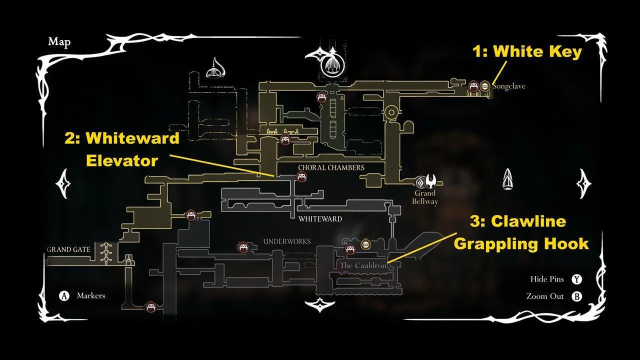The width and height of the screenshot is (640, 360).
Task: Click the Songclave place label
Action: pyautogui.click(x=509, y=86)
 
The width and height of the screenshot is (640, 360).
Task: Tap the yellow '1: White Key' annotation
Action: pyautogui.click(x=527, y=51)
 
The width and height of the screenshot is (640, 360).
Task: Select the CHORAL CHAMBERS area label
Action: pyautogui.click(x=331, y=167)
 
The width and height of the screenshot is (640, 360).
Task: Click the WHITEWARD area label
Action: pyautogui.click(x=320, y=219)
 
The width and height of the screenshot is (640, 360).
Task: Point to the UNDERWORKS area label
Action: pyautogui.click(x=287, y=241)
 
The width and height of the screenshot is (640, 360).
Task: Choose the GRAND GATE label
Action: pyautogui.click(x=68, y=249)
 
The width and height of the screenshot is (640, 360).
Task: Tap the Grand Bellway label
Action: pyautogui.click(x=425, y=197)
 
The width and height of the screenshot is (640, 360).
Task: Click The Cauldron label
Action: pyautogui.click(x=363, y=265)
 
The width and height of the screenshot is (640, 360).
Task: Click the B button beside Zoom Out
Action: pyautogui.click(x=577, y=296)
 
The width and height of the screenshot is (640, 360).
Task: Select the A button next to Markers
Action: pyautogui.click(x=64, y=295)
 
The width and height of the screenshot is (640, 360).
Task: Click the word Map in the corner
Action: pyautogui.click(x=59, y=41)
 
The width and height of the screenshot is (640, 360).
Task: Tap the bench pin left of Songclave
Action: pyautogui.click(x=473, y=85)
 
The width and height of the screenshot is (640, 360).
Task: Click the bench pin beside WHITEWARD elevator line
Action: pyautogui.click(x=301, y=177)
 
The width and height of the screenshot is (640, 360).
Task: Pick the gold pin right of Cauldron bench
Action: pyautogui.click(x=365, y=244)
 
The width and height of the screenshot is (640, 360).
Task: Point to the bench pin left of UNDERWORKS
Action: pyautogui.click(x=243, y=247)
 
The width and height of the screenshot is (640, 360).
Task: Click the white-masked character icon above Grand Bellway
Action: pyautogui.click(x=430, y=181)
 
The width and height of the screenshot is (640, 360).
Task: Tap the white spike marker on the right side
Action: pyautogui.click(x=507, y=179)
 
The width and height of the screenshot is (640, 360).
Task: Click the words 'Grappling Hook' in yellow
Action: pyautogui.click(x=521, y=244)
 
